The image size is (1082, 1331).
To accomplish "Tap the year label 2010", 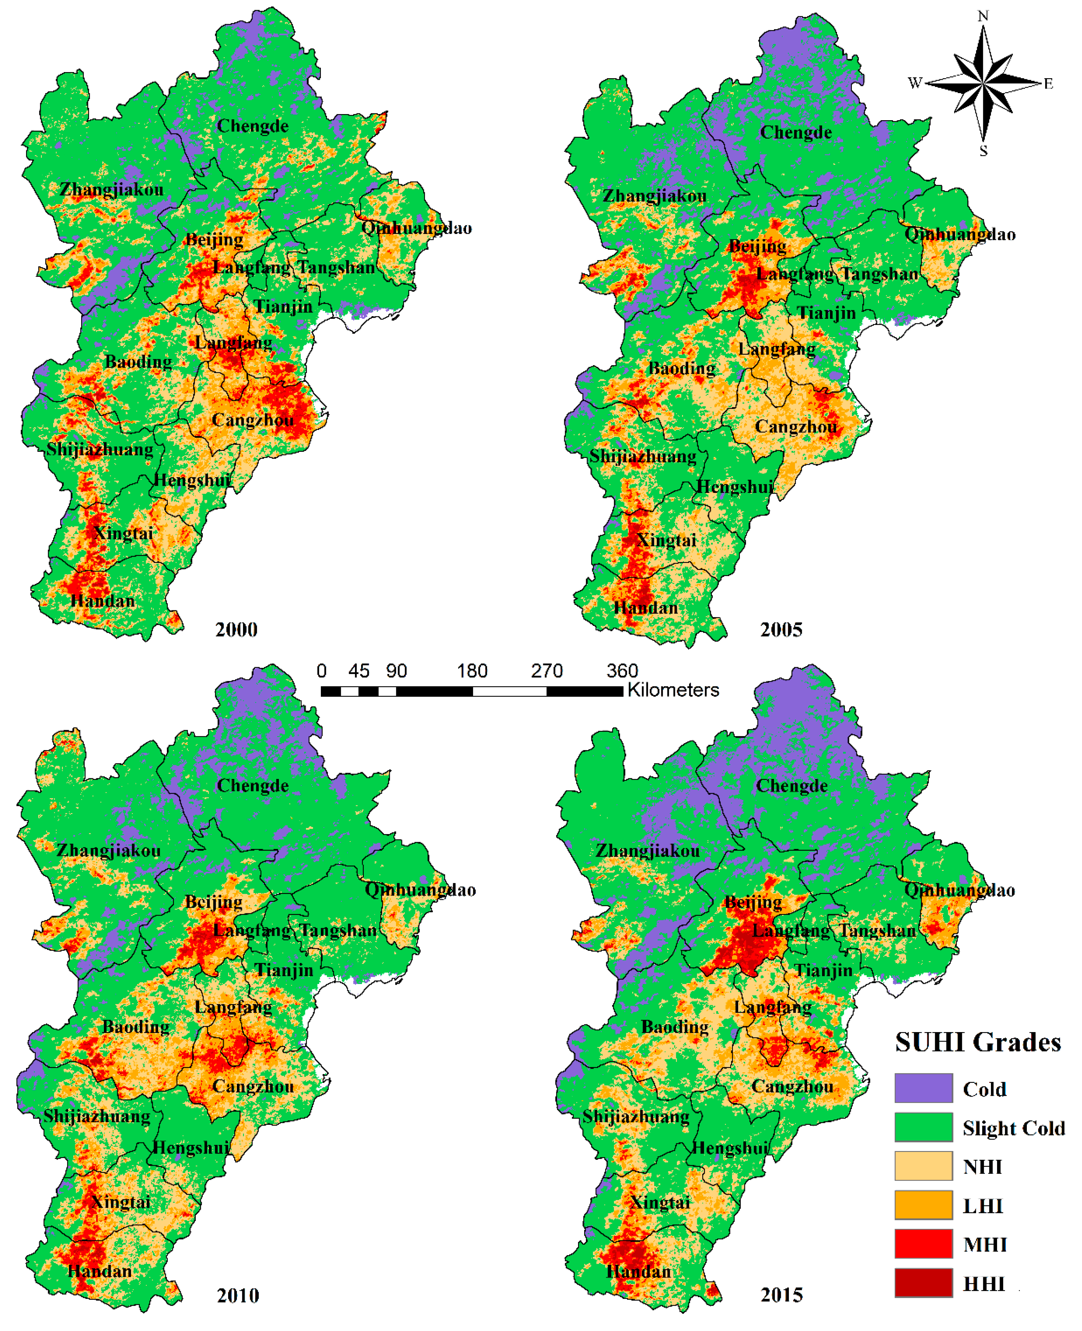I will click(x=238, y=1295).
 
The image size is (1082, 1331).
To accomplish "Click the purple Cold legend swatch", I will click(x=923, y=1088).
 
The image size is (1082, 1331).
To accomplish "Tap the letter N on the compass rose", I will click(x=983, y=16).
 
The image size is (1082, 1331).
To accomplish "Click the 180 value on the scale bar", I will click(x=472, y=671).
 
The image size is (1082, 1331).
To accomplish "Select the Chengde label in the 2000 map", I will click(x=252, y=126).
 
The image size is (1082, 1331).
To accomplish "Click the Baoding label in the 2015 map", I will click(x=675, y=1027).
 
